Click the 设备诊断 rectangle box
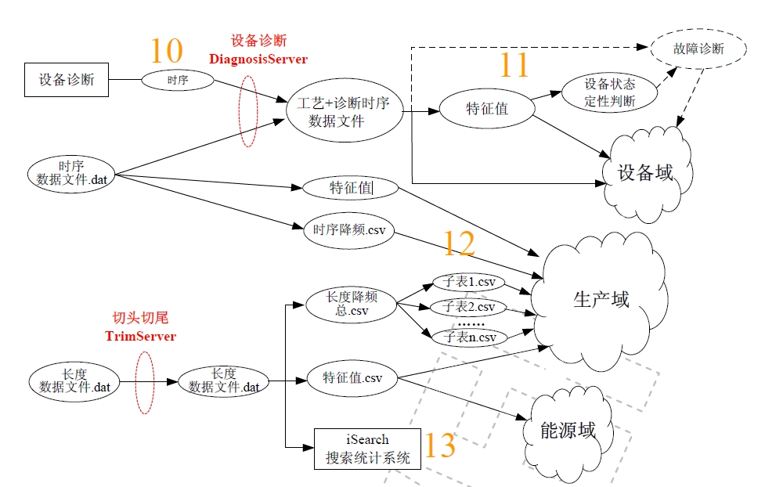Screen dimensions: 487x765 point(67,80)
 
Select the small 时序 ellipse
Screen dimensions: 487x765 point(178,80)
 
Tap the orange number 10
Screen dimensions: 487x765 point(166,51)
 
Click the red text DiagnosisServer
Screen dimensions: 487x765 point(258,59)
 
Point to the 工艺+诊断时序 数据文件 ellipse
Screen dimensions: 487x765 point(344,112)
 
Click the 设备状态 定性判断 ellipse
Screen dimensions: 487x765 point(610,92)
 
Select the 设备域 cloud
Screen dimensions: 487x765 point(645,172)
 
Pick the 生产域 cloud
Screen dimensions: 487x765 point(601,301)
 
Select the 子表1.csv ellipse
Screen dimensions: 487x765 point(469,282)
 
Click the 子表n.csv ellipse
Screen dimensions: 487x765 point(469,337)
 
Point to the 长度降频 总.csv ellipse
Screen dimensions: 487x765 point(352,303)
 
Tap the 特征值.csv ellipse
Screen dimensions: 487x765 point(352,378)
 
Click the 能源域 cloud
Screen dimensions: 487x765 point(568,430)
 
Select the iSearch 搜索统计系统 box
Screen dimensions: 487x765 point(367,449)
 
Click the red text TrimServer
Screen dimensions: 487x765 point(141,337)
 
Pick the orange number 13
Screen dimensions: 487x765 point(440,446)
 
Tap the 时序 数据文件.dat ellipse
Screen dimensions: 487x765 point(71,173)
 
